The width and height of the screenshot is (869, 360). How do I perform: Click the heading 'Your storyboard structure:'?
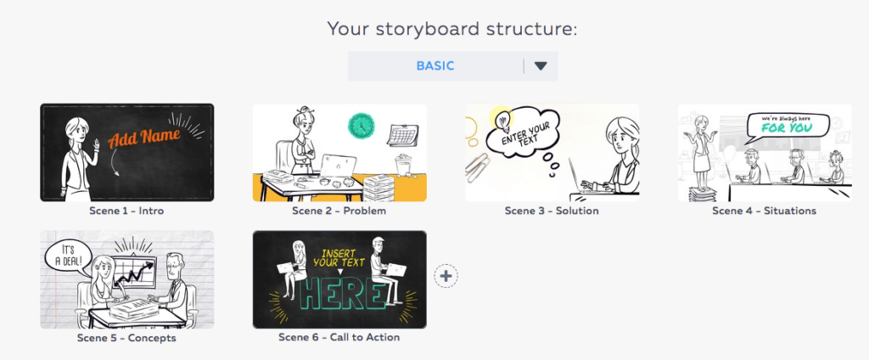(451, 28)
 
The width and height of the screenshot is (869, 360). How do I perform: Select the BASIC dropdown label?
(435, 66)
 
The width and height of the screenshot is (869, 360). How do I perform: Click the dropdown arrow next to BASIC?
(541, 66)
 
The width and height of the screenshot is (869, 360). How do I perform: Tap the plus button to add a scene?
(446, 276)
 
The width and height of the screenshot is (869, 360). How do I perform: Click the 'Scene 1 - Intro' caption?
(126, 211)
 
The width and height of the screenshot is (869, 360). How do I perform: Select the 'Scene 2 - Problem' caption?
(339, 211)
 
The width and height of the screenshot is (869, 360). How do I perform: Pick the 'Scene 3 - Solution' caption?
(552, 211)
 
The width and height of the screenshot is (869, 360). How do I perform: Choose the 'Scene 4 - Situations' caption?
(765, 211)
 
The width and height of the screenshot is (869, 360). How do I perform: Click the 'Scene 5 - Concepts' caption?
(126, 338)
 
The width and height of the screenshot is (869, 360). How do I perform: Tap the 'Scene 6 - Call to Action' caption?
(339, 337)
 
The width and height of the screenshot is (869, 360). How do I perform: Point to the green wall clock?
(362, 126)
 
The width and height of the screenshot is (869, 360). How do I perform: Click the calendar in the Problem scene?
(402, 135)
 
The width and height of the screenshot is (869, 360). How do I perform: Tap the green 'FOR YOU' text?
(787, 128)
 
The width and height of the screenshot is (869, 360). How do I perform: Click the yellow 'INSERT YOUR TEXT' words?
(339, 256)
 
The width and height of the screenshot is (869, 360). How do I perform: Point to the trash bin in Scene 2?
(404, 165)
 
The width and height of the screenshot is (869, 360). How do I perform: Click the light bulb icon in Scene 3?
(502, 118)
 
